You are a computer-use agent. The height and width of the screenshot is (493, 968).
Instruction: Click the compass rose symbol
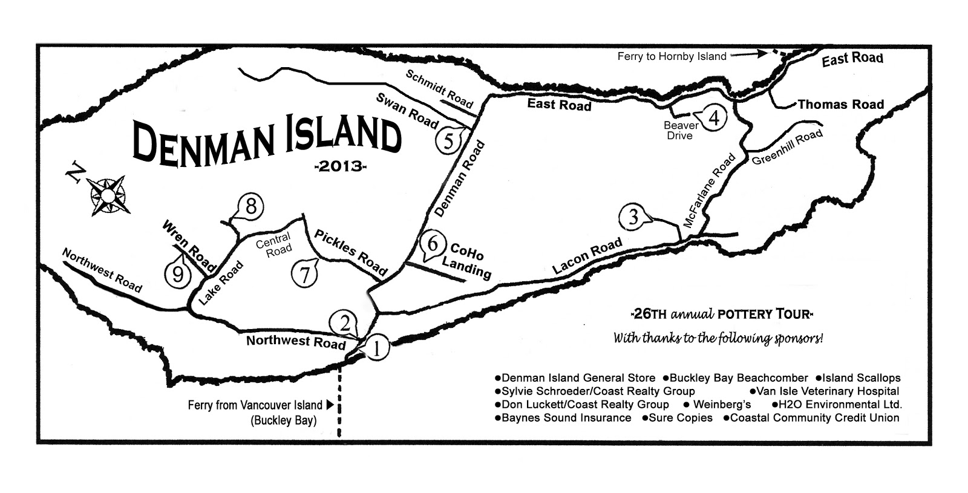tap(107, 195)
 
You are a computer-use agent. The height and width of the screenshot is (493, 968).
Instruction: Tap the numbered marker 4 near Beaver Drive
tap(714, 118)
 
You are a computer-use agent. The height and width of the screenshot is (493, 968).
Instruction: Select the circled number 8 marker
tap(251, 207)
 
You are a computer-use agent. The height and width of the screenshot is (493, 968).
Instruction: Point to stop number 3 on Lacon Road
tap(633, 217)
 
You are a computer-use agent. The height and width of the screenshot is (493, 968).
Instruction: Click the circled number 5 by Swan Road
tap(448, 141)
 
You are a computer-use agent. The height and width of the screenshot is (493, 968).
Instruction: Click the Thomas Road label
tap(840, 105)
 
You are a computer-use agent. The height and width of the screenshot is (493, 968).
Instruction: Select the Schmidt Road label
tap(439, 89)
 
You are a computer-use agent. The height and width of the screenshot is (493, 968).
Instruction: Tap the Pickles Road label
tap(350, 250)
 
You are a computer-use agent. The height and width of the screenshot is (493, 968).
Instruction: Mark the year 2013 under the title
tap(341, 166)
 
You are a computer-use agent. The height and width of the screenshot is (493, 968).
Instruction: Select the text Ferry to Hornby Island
tap(672, 57)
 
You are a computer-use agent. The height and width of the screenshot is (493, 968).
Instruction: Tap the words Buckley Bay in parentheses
tap(283, 420)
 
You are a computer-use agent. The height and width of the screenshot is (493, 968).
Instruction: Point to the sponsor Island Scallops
tap(861, 378)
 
